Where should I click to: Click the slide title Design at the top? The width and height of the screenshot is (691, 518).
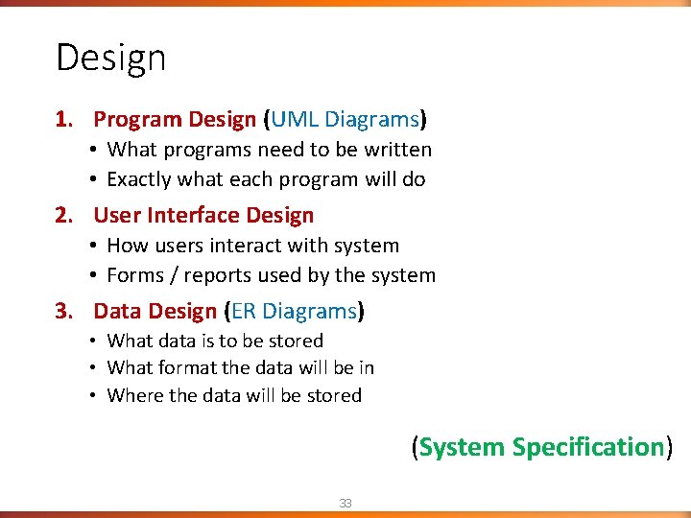(110, 59)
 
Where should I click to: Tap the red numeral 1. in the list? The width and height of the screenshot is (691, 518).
(64, 120)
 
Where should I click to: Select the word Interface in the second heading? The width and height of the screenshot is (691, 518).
(190, 216)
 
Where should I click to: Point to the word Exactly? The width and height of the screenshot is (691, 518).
(139, 180)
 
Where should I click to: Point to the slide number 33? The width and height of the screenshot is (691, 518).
(345, 503)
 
